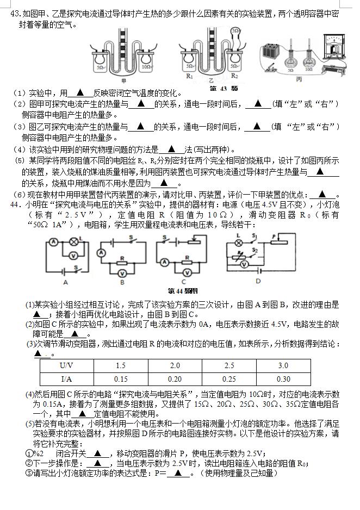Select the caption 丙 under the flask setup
299,79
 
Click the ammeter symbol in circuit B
101,253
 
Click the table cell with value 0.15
120,379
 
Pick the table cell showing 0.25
229,379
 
